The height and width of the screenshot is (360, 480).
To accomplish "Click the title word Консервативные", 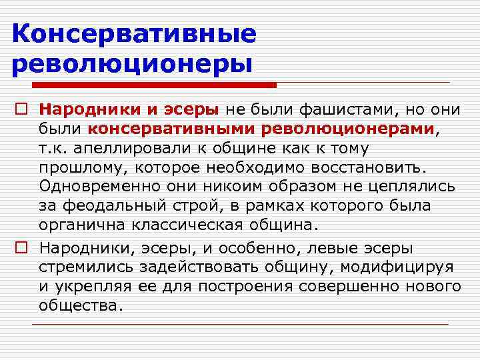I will [x=134, y=34].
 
